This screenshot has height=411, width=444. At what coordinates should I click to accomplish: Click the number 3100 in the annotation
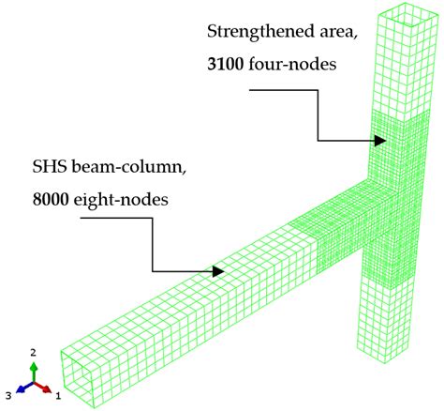click(x=225, y=65)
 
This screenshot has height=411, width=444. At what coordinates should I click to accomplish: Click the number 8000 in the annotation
click(x=51, y=199)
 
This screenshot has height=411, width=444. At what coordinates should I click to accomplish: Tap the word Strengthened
click(x=260, y=32)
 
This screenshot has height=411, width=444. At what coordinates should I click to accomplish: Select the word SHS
click(x=50, y=167)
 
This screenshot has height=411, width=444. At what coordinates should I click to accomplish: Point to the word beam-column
click(x=129, y=167)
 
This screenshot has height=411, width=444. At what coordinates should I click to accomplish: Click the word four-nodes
click(x=292, y=65)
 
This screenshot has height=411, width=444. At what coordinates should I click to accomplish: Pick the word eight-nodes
click(x=121, y=200)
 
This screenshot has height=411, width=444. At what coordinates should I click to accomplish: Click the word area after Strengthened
click(x=338, y=33)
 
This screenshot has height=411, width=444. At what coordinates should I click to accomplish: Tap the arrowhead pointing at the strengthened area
click(x=380, y=141)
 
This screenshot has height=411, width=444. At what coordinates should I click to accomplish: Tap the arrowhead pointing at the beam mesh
click(x=218, y=271)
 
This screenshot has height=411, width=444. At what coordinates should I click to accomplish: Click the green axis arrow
click(x=34, y=372)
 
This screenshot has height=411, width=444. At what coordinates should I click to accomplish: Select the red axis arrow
click(x=42, y=387)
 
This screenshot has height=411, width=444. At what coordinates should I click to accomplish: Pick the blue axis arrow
click(x=24, y=388)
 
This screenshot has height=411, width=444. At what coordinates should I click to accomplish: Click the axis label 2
click(x=33, y=353)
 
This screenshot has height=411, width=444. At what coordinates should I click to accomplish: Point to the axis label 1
click(x=58, y=397)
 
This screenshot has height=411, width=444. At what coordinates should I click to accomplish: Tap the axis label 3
click(x=8, y=396)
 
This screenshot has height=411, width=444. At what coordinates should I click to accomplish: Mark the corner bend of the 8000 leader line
click(x=153, y=218)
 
